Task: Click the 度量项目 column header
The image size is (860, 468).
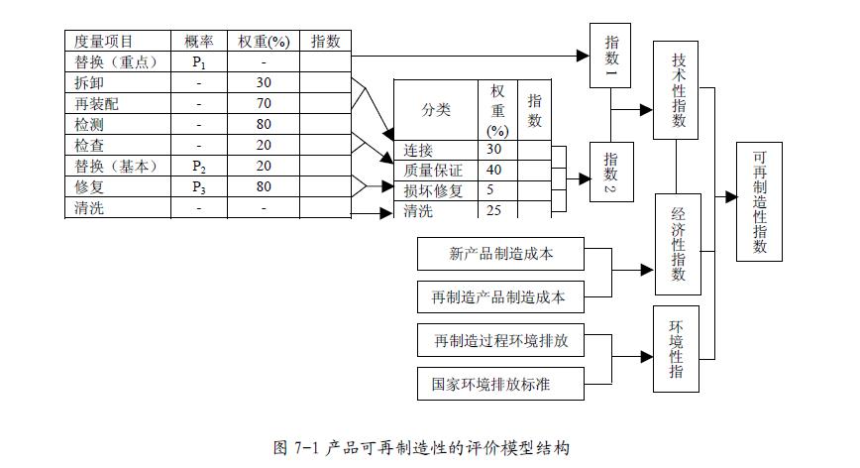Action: pyautogui.click(x=103, y=41)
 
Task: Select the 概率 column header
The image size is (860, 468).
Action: pyautogui.click(x=198, y=41)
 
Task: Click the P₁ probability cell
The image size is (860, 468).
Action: pyautogui.click(x=198, y=62)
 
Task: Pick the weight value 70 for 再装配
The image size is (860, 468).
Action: pyautogui.click(x=263, y=104)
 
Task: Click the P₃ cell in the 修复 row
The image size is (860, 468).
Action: pyautogui.click(x=198, y=187)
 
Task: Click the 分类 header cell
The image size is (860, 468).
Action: pyautogui.click(x=435, y=110)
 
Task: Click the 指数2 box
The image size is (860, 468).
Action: pyautogui.click(x=610, y=173)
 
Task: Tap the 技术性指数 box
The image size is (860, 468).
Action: pyautogui.click(x=678, y=91)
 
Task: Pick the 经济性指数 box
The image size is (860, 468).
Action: pyautogui.click(x=678, y=244)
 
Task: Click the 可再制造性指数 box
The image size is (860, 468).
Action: pyautogui.click(x=759, y=201)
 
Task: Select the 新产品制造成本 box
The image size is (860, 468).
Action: pyautogui.click(x=499, y=254)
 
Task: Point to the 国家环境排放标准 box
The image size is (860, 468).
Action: pyautogui.click(x=499, y=383)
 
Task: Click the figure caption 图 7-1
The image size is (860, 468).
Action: pyautogui.click(x=421, y=448)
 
